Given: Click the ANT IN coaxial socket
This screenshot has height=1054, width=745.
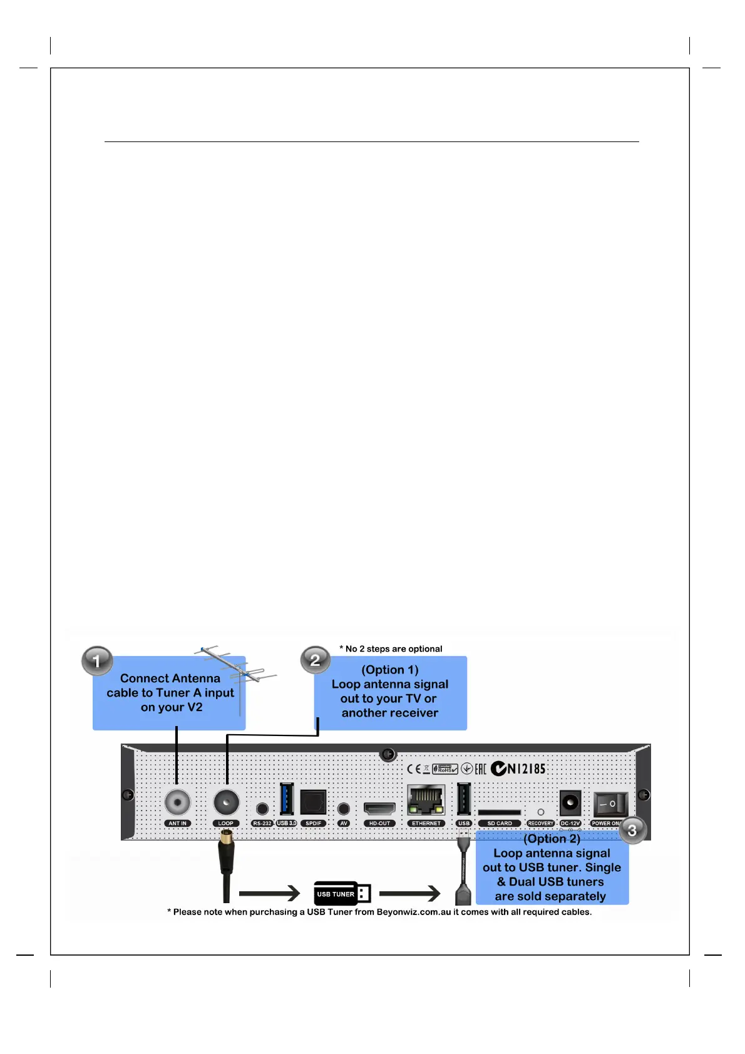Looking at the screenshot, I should pyautogui.click(x=177, y=801).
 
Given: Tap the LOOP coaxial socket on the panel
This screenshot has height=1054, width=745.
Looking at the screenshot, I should pyautogui.click(x=226, y=801).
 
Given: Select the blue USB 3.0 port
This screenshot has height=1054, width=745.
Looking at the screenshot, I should pyautogui.click(x=287, y=799).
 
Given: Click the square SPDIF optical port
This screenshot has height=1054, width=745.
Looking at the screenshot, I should pyautogui.click(x=313, y=802).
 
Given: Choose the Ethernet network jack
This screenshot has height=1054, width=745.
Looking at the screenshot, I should pyautogui.click(x=426, y=799).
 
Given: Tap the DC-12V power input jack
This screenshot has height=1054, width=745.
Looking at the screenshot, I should pyautogui.click(x=570, y=802).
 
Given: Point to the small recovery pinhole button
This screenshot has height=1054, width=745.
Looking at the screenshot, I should pyautogui.click(x=541, y=812).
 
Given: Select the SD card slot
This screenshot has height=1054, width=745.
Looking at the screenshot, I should pyautogui.click(x=499, y=812).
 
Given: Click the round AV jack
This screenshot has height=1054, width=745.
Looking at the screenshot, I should pyautogui.click(x=343, y=809).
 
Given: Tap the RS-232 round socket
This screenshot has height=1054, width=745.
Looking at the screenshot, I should pyautogui.click(x=262, y=809).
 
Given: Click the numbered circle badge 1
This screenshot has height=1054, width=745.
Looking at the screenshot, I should pyautogui.click(x=96, y=661).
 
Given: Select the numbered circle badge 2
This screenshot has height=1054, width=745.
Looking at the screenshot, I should pyautogui.click(x=315, y=660).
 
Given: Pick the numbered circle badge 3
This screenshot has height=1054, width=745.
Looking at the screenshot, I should pyautogui.click(x=632, y=830).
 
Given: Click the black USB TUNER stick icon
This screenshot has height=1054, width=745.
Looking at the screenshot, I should pyautogui.click(x=342, y=894).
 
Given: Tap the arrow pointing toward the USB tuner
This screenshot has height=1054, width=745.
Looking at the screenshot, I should pyautogui.click(x=269, y=894).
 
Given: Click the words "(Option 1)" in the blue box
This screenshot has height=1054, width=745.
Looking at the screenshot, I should pyautogui.click(x=389, y=670).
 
